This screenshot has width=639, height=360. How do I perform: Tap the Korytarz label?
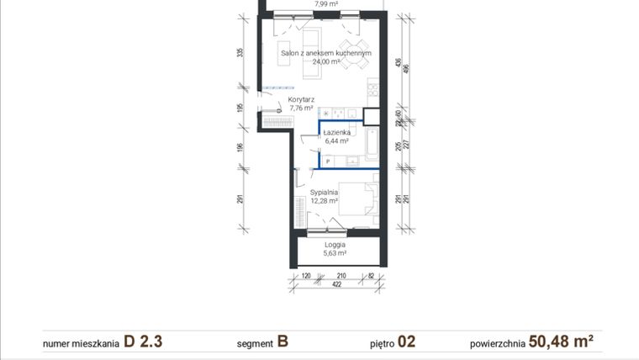tap(301, 99)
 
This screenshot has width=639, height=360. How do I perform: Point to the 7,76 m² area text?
tap(301, 108)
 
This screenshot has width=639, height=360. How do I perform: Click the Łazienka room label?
tap(336, 133)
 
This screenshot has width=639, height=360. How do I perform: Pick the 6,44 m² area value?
tap(336, 141)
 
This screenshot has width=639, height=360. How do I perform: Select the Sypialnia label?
tap(323, 192)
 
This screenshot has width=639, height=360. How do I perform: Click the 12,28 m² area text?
tap(323, 200)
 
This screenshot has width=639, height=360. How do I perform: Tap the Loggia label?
tap(335, 244)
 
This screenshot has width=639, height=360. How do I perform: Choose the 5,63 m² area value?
tap(335, 252)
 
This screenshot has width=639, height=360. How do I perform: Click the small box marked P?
tap(327, 160)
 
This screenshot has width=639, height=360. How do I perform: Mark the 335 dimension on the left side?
tap(240, 52)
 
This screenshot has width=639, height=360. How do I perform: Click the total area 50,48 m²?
tap(561, 341)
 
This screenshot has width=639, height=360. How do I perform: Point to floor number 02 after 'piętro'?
tap(407, 341)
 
